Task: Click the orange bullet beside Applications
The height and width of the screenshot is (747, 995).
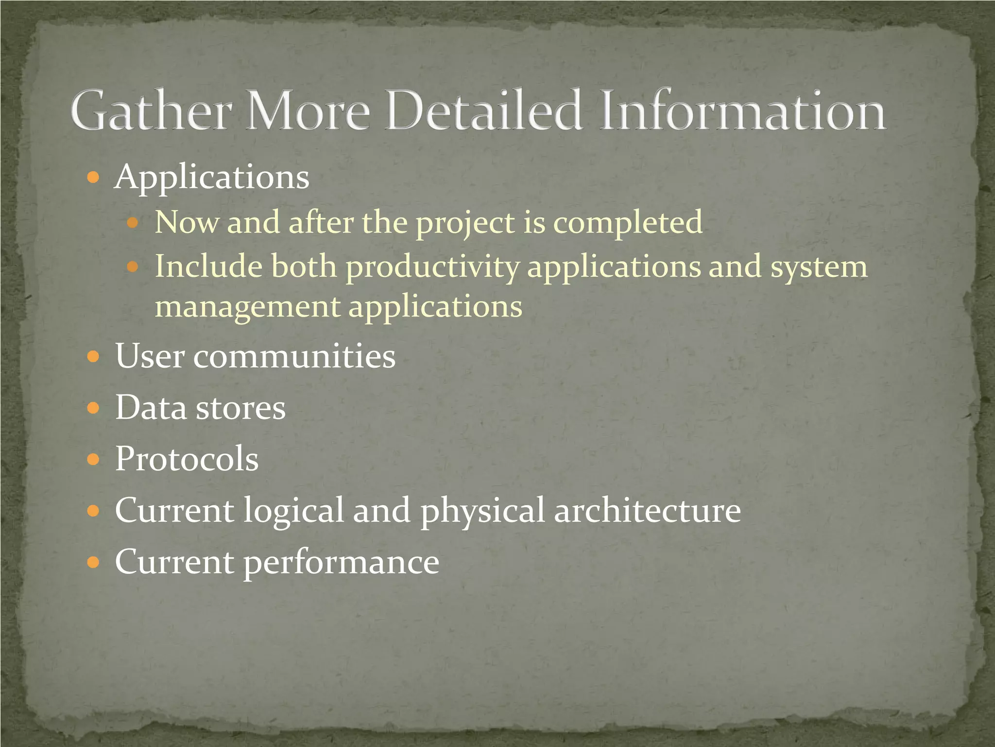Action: click(x=93, y=178)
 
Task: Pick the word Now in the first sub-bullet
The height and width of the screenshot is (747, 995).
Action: click(x=186, y=222)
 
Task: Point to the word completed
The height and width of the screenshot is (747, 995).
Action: click(x=628, y=223)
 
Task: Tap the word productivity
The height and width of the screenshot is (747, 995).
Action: click(x=432, y=268)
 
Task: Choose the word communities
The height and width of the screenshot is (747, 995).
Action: click(x=294, y=356)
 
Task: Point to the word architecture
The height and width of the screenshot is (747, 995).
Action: click(x=647, y=511)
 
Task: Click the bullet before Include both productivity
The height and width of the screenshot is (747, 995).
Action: click(x=132, y=267)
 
